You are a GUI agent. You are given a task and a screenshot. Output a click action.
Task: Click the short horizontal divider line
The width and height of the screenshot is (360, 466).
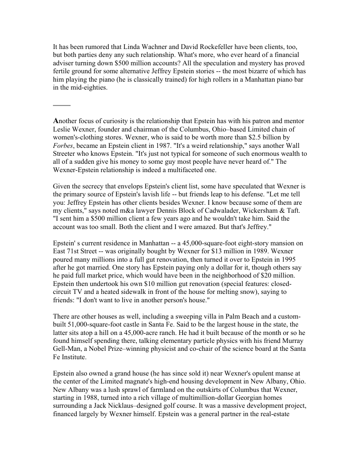pos(61,105)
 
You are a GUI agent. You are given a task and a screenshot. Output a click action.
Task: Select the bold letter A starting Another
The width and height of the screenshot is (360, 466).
pos(56,121)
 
